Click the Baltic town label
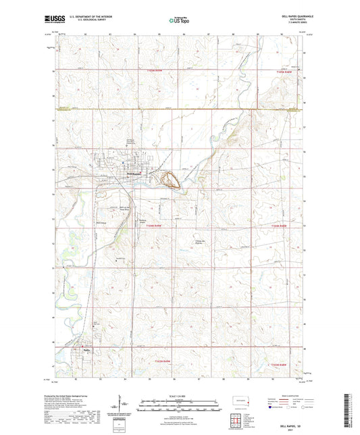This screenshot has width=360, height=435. pyautogui.click(x=86, y=349)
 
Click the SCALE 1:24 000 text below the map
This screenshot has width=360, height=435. pyautogui.click(x=180, y=396)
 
